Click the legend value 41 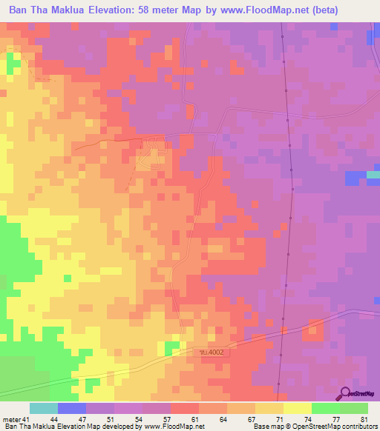(28, 419)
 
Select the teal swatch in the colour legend (44, 408)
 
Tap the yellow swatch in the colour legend (298, 408)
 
